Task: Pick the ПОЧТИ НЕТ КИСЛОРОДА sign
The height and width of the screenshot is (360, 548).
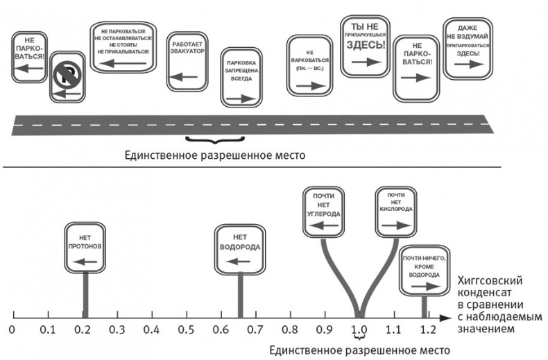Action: (395, 212)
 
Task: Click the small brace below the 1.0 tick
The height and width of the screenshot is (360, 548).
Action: (359, 338)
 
